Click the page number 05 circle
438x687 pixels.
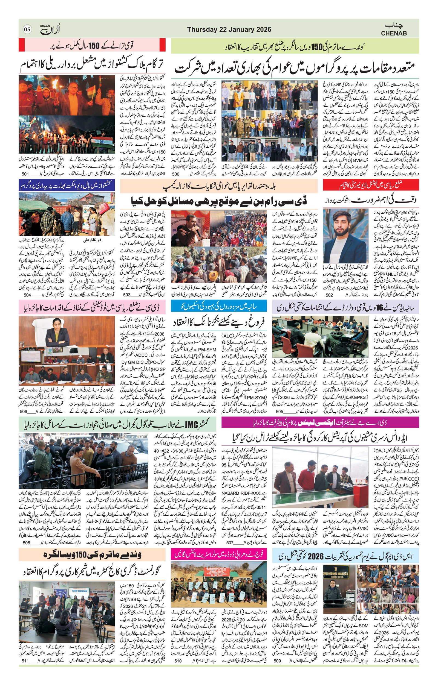[x=27, y=30]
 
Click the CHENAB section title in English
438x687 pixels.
[x=393, y=33]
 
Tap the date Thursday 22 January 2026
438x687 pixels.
[x=229, y=30]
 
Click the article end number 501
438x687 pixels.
[x=25, y=174]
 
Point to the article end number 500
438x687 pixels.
[x=175, y=174]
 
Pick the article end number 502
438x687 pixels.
[x=329, y=295]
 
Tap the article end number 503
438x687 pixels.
[x=126, y=295]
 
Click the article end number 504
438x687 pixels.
[x=27, y=295]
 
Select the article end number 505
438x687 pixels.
[x=279, y=411]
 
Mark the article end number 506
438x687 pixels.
[x=24, y=411]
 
